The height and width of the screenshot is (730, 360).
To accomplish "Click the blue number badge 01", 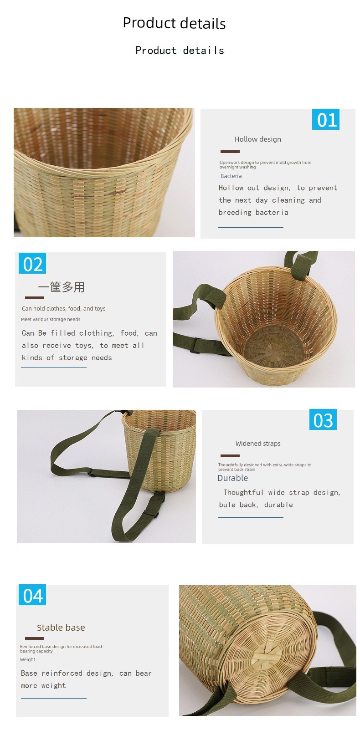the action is (325, 119).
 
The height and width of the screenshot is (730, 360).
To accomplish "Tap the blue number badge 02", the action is (32, 263).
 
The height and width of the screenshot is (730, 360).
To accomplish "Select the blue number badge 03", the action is (323, 420).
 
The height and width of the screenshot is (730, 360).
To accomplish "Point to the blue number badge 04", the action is (32, 595).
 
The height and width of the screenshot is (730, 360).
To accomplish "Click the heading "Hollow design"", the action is (257, 139).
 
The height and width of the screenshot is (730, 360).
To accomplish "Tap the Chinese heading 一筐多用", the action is (62, 287).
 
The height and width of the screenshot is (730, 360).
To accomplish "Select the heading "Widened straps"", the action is (258, 444).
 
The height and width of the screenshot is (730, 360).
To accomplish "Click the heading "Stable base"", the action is (61, 628).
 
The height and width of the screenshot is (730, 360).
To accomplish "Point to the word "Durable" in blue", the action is (232, 478).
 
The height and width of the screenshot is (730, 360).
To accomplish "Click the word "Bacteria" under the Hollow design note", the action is (231, 176).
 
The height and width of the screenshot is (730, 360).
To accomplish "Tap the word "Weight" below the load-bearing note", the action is (27, 659).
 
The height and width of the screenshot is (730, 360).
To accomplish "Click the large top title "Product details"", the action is (174, 23).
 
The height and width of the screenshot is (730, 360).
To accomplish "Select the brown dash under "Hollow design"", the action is (230, 152).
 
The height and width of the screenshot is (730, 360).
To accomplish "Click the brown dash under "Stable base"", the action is (35, 638).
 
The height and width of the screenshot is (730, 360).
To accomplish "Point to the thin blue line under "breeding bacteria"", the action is (251, 228).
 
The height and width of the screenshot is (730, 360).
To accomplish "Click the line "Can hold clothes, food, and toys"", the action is (64, 309).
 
